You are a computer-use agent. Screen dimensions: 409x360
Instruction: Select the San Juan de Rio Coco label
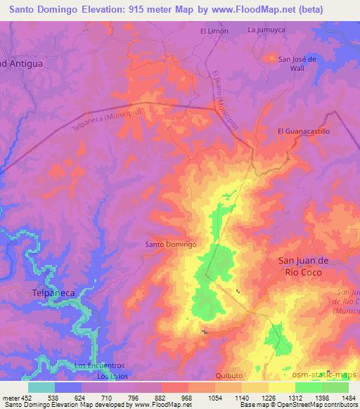309,266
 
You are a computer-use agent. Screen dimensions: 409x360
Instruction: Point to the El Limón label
214,31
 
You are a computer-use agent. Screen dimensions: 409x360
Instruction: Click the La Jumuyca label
265,30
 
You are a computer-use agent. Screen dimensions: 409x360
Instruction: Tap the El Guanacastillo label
304,131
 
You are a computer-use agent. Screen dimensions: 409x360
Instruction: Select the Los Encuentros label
99,365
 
